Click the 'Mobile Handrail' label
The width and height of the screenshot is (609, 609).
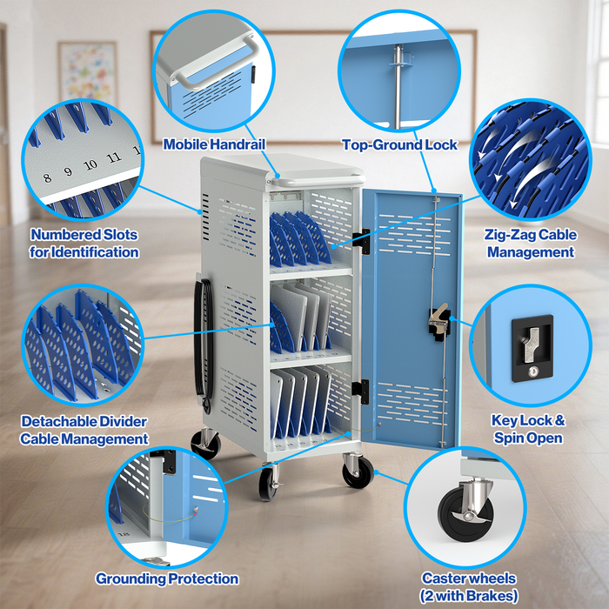214,144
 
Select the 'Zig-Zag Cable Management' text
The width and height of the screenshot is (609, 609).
530,243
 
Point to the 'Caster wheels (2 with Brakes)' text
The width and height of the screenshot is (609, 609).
469,586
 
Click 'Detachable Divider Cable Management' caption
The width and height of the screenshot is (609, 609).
84,430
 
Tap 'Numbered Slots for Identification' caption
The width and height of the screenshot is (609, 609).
84,243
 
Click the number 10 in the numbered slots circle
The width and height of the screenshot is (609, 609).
90,164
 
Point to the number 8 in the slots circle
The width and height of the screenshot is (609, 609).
48,154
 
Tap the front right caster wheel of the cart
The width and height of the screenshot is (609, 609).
355,472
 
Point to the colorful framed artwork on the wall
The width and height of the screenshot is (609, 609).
87,71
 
